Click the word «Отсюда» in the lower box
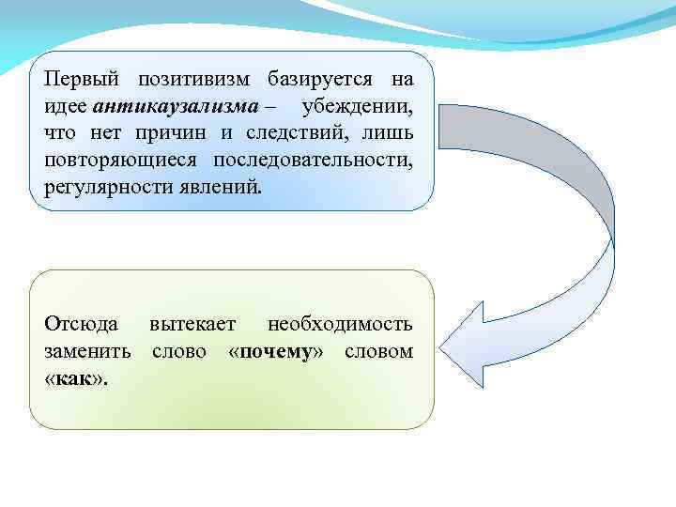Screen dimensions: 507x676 tap(81, 325)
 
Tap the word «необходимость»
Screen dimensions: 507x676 tap(339, 325)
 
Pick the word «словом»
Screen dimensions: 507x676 tap(378, 352)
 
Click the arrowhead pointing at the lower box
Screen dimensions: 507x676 tap(469, 338)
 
